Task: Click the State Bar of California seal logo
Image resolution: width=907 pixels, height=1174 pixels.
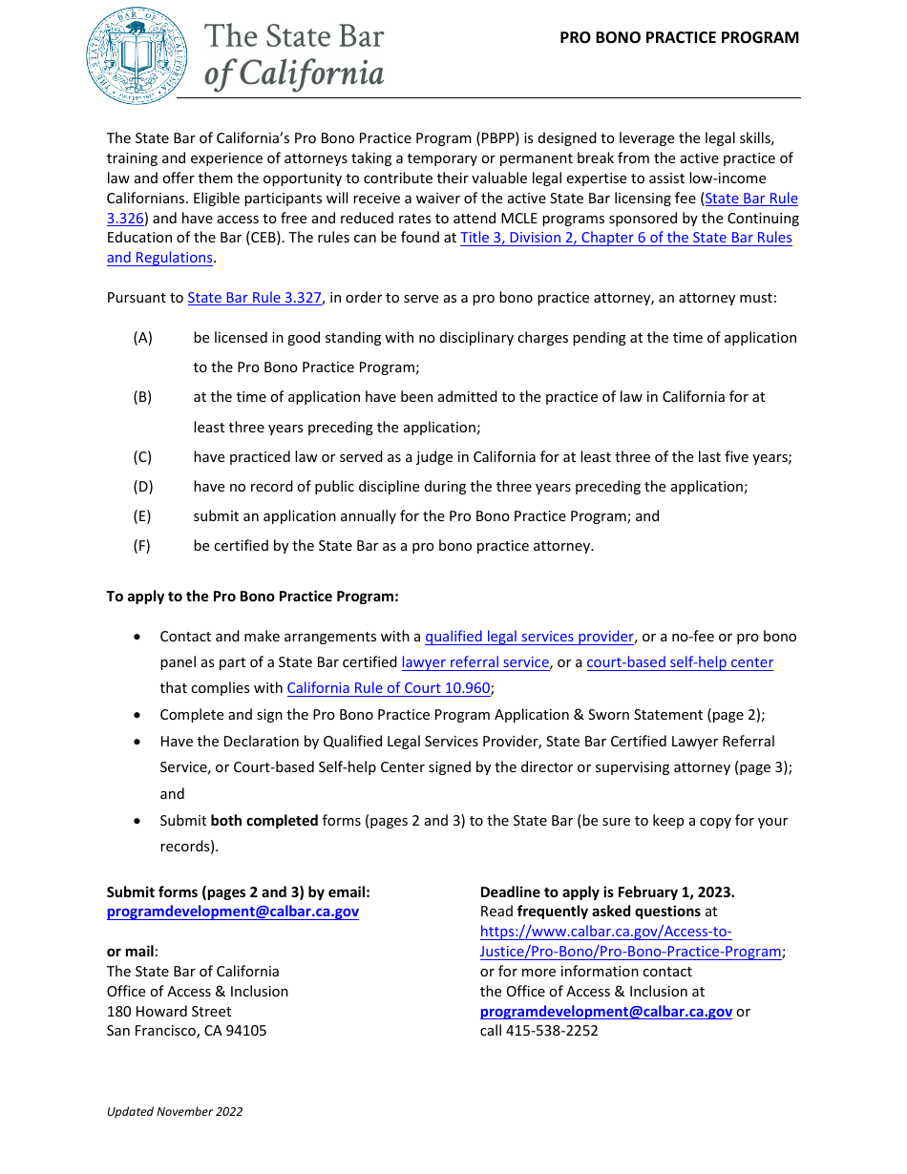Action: [x=137, y=55]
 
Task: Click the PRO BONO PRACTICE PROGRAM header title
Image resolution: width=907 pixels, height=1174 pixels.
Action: [x=679, y=38]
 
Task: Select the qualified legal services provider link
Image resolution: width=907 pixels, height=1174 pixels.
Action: [x=529, y=637]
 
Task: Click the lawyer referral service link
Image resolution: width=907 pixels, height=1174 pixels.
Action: [x=475, y=662]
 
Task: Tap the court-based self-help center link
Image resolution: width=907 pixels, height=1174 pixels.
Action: [x=679, y=662]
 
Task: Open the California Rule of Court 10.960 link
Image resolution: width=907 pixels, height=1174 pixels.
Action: [x=388, y=688]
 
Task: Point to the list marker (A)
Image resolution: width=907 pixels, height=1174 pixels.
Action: [x=142, y=338]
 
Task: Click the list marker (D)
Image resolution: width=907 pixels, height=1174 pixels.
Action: [x=142, y=487]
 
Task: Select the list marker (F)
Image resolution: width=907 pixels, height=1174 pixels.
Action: [x=142, y=546]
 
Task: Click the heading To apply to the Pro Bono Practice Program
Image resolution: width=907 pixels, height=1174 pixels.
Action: [x=252, y=597]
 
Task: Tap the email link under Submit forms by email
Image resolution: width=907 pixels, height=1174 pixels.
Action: [x=232, y=912]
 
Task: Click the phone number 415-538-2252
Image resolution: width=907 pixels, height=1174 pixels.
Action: [x=552, y=1031]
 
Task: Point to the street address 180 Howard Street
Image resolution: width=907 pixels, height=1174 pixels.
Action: [x=169, y=1011]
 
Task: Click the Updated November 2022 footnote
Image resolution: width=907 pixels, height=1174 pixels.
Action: [x=175, y=1111]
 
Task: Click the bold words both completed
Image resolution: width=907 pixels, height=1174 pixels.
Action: [x=264, y=821]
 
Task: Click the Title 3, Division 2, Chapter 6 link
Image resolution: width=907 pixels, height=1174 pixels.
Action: [x=625, y=238]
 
